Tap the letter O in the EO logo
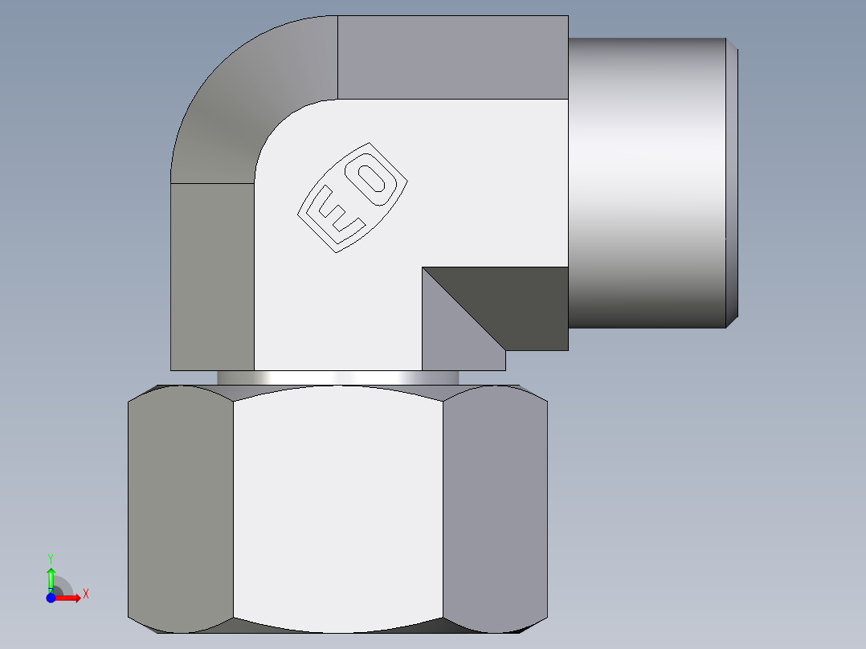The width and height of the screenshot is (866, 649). [x=374, y=182]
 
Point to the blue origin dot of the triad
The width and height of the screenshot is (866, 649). [x=51, y=598]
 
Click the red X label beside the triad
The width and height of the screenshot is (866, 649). [x=86, y=594]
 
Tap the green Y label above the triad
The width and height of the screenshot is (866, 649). [x=51, y=557]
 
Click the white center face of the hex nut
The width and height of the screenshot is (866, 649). [x=337, y=506]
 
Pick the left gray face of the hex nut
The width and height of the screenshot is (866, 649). [x=181, y=506]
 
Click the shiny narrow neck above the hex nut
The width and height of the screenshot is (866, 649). [x=337, y=378]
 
